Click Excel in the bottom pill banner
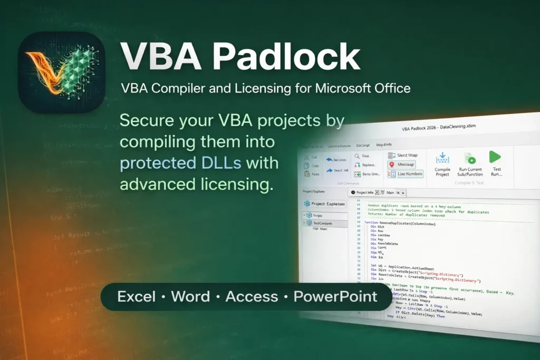(137, 296)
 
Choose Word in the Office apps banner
(190, 296)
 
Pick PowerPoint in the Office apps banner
(335, 296)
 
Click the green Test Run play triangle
(495, 157)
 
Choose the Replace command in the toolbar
(368, 165)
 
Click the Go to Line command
(369, 174)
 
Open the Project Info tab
(364, 193)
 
